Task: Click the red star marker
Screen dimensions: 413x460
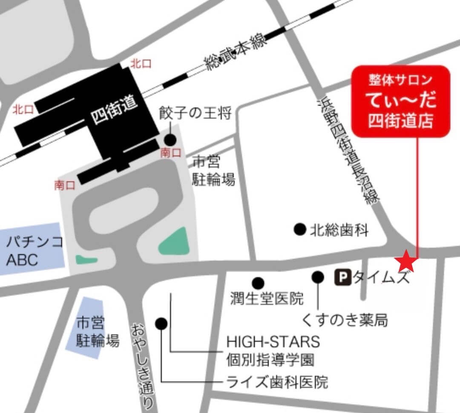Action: [405, 261]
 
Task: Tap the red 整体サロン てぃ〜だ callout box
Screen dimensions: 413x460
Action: [400, 101]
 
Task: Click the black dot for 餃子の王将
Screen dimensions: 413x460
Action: [170, 139]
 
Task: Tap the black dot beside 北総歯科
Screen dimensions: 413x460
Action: [300, 229]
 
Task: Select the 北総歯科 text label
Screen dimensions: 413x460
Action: [339, 230]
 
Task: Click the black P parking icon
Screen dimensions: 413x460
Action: [344, 278]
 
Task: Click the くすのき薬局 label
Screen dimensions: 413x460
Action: [345, 319]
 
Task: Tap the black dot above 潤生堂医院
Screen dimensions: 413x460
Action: [258, 283]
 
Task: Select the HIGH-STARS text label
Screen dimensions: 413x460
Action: [273, 341]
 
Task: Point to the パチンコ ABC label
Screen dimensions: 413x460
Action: [34, 251]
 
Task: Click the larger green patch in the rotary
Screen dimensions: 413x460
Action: [175, 242]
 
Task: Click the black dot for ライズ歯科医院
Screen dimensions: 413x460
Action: [161, 324]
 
